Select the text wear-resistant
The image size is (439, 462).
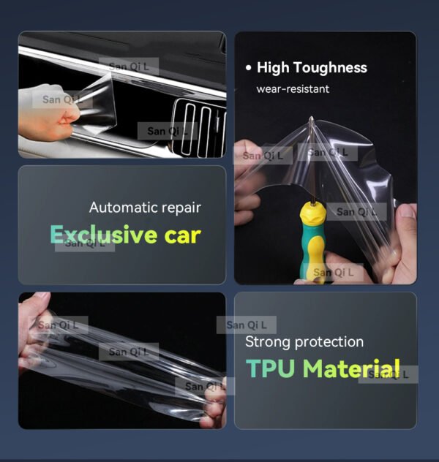(293, 89)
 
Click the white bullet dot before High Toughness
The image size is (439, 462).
(249, 68)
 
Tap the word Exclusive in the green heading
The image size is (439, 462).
(103, 235)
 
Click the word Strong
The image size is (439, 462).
(266, 341)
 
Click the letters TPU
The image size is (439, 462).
(271, 368)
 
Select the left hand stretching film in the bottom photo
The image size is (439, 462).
(33, 333)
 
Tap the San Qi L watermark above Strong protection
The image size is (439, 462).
(247, 325)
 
